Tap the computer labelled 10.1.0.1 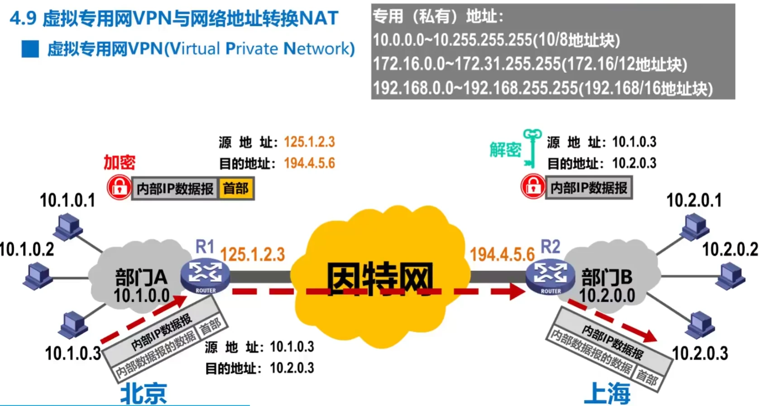[68, 226]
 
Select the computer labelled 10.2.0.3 [700, 325]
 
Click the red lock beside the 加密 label [119, 187]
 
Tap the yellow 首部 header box [236, 188]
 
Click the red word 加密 [119, 162]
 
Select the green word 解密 [505, 149]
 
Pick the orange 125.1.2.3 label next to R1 [253, 254]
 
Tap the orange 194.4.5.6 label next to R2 [502, 254]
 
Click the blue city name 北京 [143, 393]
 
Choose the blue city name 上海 [607, 393]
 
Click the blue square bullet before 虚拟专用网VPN [30, 49]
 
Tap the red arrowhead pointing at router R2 [516, 291]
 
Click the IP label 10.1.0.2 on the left [27, 249]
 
